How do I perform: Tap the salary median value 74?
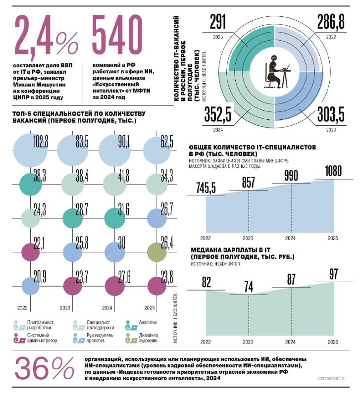tap(249, 287)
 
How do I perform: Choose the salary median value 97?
tap(334, 273)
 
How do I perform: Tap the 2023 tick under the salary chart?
tap(249, 342)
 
